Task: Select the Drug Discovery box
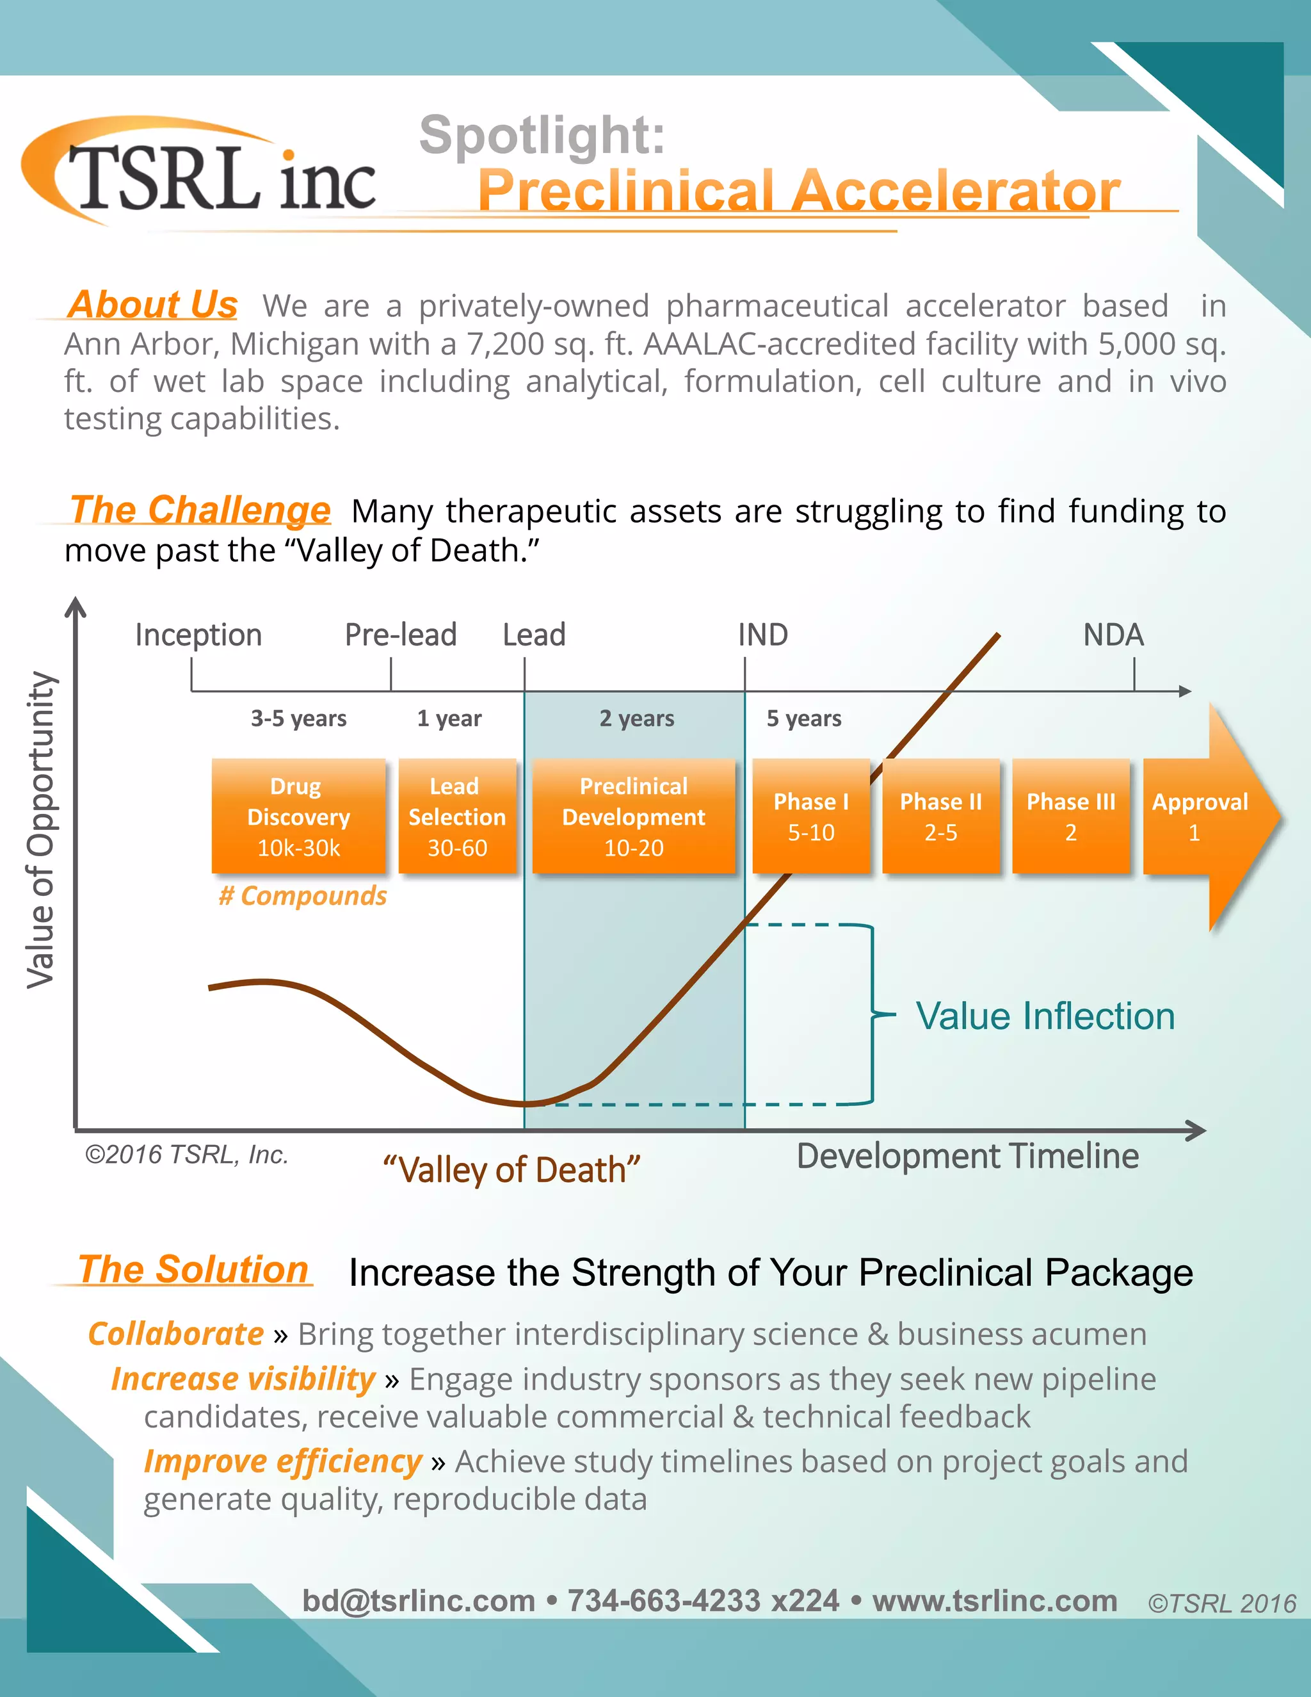(299, 816)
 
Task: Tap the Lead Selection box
(456, 816)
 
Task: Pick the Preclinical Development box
(634, 816)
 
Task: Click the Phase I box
(811, 816)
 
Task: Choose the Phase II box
(940, 816)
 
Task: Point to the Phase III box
(1070, 816)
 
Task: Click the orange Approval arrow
(1204, 816)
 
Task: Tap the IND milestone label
(762, 635)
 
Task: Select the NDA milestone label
(1113, 635)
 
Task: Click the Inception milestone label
(199, 635)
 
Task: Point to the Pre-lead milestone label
(401, 635)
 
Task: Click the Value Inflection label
(1045, 1016)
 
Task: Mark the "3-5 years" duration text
(298, 718)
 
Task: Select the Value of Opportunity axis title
(41, 830)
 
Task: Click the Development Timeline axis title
(968, 1155)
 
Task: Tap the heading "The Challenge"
(200, 510)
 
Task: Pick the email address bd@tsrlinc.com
(419, 1601)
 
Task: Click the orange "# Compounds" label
(302, 896)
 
